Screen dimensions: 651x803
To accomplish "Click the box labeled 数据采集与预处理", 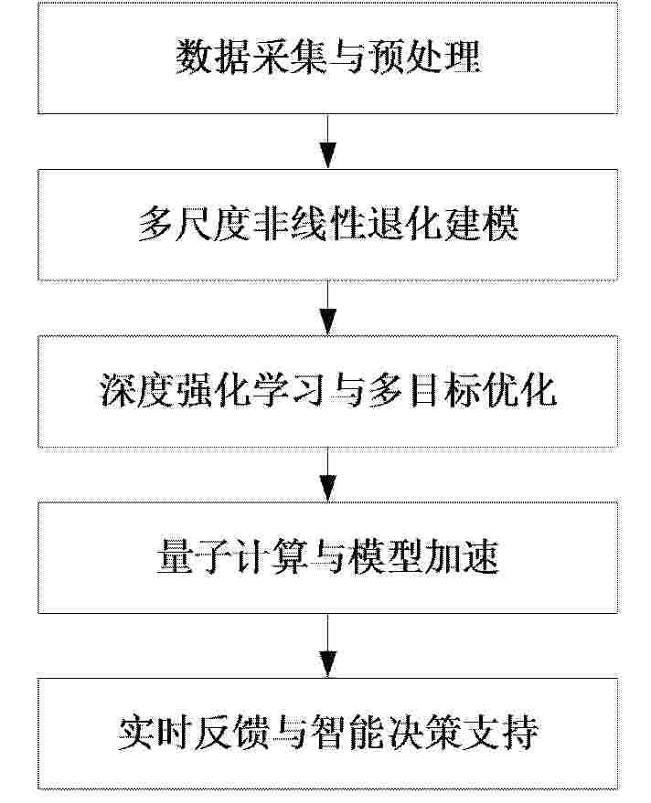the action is [327, 58].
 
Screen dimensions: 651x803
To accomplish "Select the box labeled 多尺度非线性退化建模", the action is [327, 225].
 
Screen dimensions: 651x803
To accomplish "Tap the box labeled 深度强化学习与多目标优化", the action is [327, 392].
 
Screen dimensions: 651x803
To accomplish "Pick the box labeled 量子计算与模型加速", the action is [327, 557].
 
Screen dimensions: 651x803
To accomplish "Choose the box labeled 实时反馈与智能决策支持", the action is [327, 734].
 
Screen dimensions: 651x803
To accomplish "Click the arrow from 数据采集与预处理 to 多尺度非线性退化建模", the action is [327, 142].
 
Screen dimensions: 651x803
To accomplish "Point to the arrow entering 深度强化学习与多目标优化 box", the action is [327, 308].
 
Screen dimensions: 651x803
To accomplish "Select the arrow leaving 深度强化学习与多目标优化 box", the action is [327, 475].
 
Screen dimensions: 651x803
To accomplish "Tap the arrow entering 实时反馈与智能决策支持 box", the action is [327, 645].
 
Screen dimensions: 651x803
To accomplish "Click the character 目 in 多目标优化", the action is [424, 391].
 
